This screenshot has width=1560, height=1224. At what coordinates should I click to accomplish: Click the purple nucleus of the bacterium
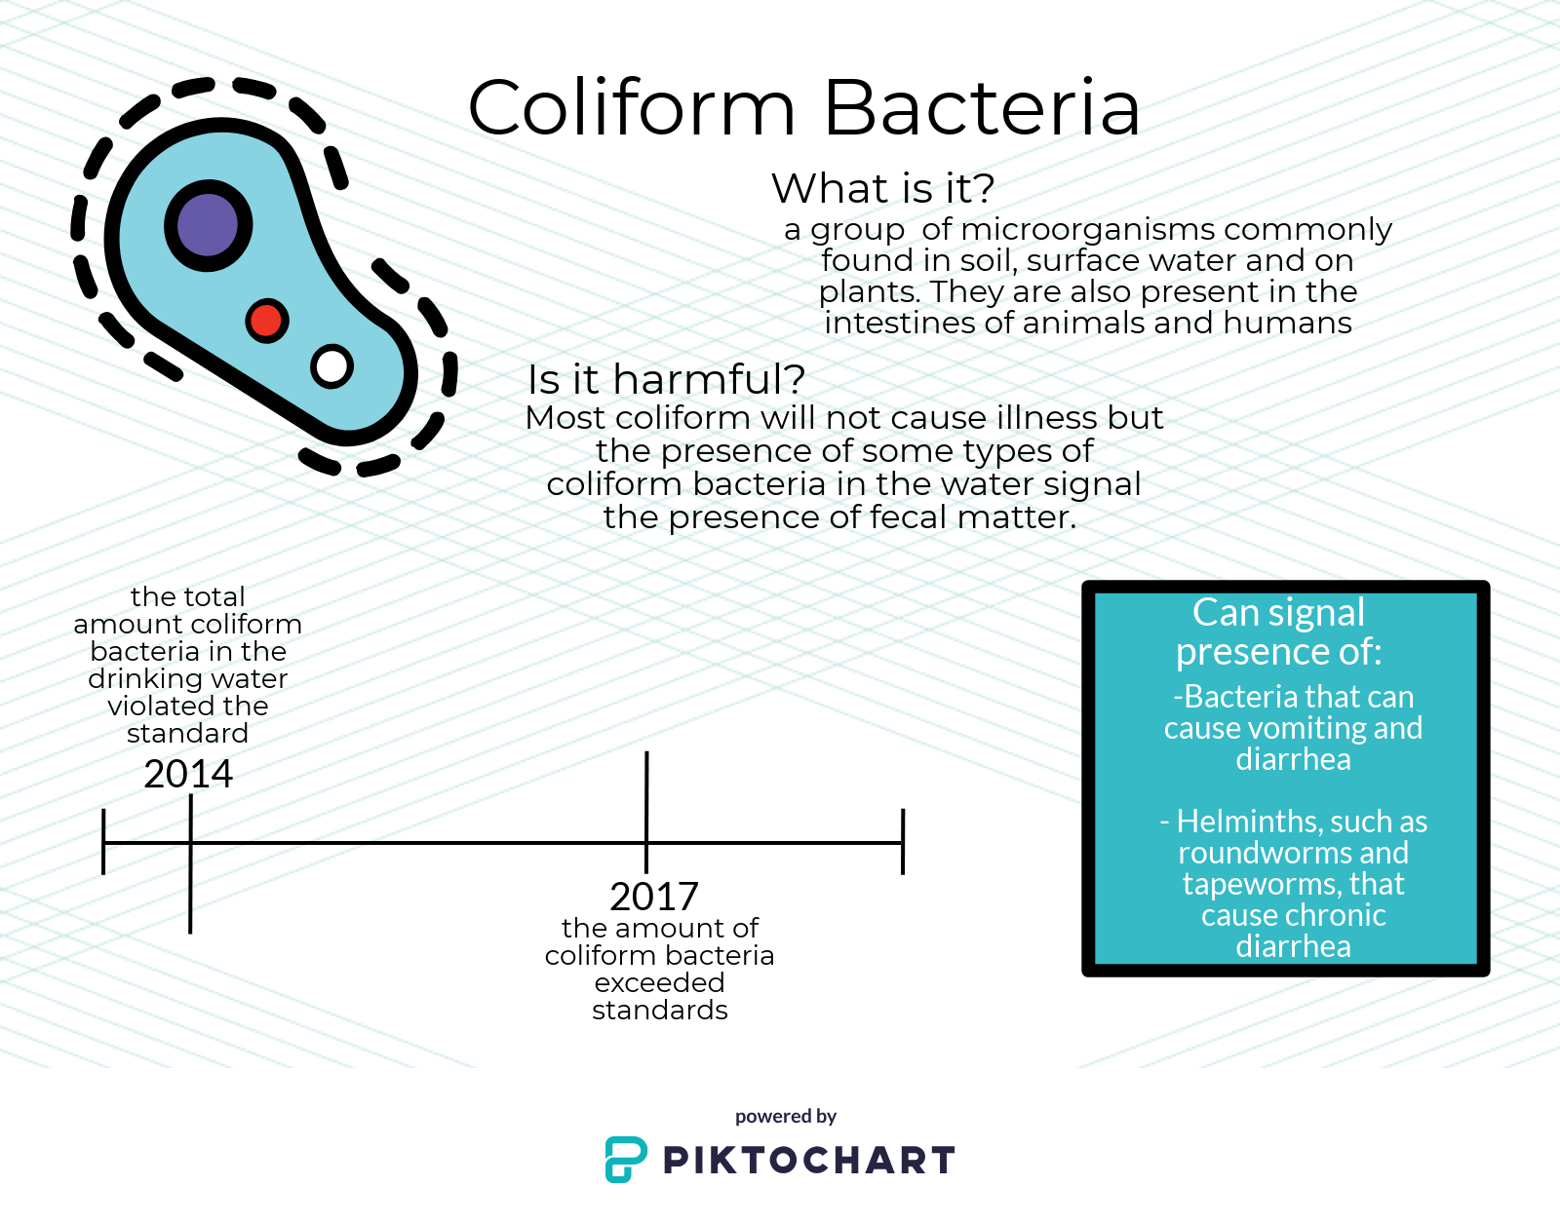coord(209,225)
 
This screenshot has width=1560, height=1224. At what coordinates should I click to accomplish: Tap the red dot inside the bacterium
coord(267,321)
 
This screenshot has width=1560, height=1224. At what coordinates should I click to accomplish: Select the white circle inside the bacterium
coord(331,365)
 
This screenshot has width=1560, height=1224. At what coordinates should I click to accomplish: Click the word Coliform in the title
coord(632,107)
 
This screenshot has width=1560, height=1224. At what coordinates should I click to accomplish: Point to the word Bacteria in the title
coord(982,107)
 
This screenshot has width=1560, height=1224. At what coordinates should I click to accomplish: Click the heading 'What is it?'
coord(883,189)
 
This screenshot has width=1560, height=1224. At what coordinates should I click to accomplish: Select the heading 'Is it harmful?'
coord(666,379)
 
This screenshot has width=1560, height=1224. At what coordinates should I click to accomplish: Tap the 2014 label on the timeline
coord(188,774)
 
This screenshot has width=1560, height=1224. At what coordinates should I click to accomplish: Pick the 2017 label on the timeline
coord(654,897)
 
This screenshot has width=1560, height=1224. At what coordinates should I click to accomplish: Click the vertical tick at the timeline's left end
coord(103,842)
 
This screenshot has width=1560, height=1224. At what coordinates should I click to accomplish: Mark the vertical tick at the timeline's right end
coord(903,842)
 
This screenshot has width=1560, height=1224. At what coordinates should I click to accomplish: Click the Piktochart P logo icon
coord(626,1160)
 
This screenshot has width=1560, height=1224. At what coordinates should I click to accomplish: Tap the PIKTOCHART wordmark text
coord(809,1160)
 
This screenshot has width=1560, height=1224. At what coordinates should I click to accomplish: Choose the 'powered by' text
coord(786,1117)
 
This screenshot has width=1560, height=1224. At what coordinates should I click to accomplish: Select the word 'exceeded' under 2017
coord(659,982)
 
